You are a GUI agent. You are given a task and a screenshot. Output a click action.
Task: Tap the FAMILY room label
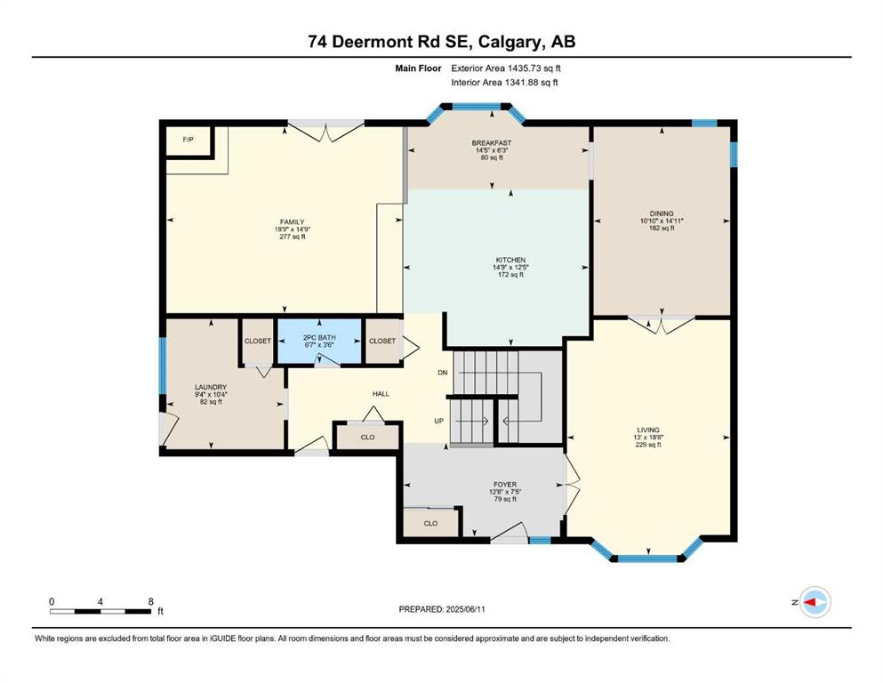click(x=293, y=221)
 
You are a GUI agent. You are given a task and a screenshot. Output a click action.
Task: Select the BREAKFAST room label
click(x=492, y=143)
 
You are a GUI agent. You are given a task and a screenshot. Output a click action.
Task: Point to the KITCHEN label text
click(x=510, y=261)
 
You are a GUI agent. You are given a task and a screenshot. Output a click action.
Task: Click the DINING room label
click(x=662, y=213)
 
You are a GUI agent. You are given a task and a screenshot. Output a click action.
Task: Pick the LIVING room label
click(x=648, y=430)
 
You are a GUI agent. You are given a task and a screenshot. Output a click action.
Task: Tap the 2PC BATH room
click(x=319, y=341)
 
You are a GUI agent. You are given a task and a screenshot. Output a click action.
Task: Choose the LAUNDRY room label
click(x=211, y=387)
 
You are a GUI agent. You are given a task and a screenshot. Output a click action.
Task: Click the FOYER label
click(x=505, y=485)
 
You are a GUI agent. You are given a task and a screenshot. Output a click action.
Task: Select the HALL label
click(x=381, y=394)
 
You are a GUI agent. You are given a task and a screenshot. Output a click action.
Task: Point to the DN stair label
click(x=443, y=373)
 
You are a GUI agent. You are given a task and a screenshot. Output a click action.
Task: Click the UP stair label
click(x=438, y=421)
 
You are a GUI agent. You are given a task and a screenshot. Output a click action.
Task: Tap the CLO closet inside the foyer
click(x=430, y=523)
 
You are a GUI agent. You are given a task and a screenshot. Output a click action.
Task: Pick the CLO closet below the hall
click(x=367, y=437)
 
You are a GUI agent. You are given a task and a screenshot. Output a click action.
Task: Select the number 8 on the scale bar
click(x=151, y=601)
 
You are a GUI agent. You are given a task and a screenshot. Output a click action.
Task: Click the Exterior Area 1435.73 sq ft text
click(x=506, y=68)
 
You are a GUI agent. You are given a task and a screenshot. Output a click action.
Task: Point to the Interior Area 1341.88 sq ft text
click(x=504, y=82)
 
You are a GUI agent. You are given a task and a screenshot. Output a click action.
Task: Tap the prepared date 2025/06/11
click(x=466, y=609)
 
